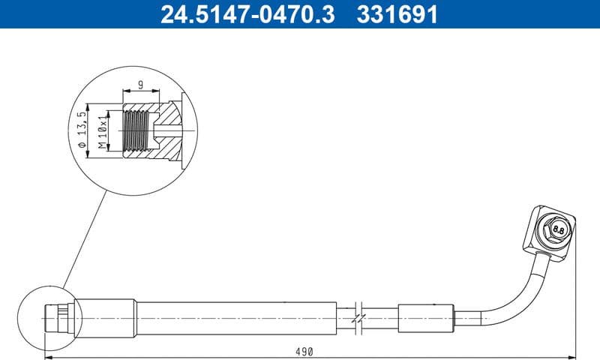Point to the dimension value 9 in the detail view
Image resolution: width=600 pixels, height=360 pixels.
[x=139, y=85]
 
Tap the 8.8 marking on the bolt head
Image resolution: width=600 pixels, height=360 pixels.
[x=558, y=228]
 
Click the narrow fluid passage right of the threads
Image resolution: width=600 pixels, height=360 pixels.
[x=166, y=130]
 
